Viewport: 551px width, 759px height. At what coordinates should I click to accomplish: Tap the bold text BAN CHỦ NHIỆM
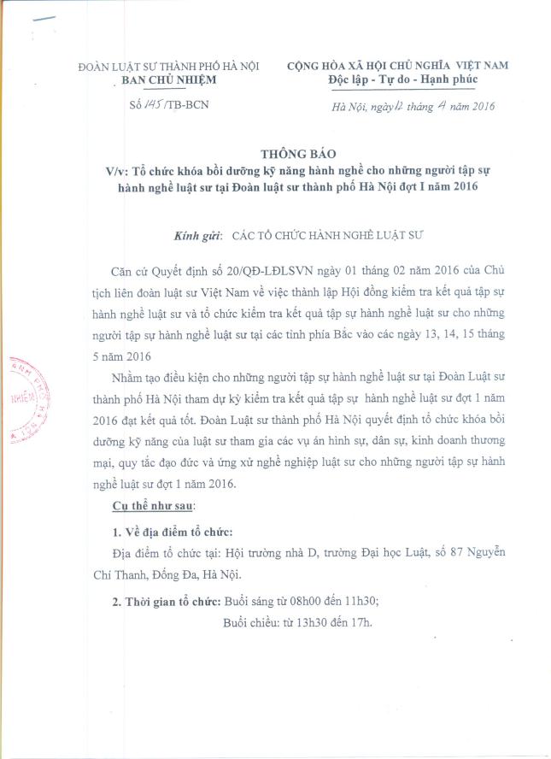click(x=166, y=80)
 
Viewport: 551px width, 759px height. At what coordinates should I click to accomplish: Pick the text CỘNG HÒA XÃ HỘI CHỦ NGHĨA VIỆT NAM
click(x=397, y=66)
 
